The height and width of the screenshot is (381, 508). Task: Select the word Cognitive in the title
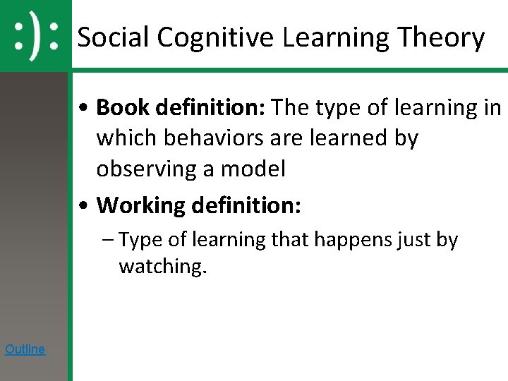click(214, 37)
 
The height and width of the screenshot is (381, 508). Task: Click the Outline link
click(25, 349)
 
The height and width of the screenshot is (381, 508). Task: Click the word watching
click(162, 267)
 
